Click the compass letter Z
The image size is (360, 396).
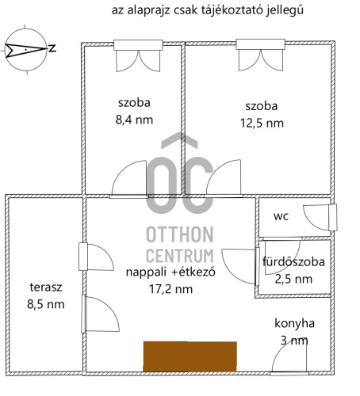click(x=52, y=48)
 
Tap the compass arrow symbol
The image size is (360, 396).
click(x=25, y=50)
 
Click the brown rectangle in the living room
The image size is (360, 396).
click(x=190, y=356)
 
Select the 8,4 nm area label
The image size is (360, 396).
click(x=134, y=120)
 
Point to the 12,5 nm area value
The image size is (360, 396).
click(x=262, y=124)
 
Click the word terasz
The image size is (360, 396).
click(x=46, y=287)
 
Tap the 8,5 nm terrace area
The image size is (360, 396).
click(x=46, y=304)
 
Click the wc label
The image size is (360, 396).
click(x=281, y=216)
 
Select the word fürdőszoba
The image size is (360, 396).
click(x=293, y=261)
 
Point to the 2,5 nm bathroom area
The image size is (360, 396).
click(x=293, y=279)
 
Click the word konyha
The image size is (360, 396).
click(x=294, y=323)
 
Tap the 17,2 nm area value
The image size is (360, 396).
click(x=170, y=289)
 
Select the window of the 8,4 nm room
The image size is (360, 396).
click(x=138, y=45)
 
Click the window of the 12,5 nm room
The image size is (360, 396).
click(x=260, y=44)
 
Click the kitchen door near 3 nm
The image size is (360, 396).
click(x=289, y=358)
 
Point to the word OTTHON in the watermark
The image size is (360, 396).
click(x=180, y=234)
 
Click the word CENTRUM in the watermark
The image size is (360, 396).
click(x=180, y=256)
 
